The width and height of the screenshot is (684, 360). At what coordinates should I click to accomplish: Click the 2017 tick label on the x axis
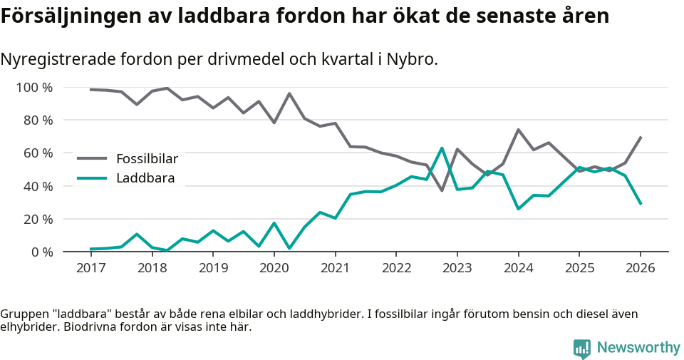pyautogui.click(x=90, y=268)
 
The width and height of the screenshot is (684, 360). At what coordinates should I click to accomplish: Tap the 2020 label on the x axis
pyautogui.click(x=274, y=268)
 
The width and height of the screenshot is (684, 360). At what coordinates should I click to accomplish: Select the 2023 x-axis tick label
pyautogui.click(x=457, y=268)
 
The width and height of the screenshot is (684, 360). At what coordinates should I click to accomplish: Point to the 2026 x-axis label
pyautogui.click(x=640, y=268)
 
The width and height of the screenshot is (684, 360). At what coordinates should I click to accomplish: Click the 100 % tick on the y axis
pyautogui.click(x=35, y=88)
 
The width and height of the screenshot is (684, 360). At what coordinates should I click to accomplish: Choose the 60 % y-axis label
pyautogui.click(x=38, y=153)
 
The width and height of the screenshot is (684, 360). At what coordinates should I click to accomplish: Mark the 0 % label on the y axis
pyautogui.click(x=41, y=252)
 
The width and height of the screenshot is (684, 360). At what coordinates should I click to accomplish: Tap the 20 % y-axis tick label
pyautogui.click(x=38, y=219)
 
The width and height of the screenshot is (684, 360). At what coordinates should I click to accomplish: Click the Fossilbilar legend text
pyautogui.click(x=147, y=158)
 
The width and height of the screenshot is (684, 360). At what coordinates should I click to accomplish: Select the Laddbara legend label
pyautogui.click(x=145, y=178)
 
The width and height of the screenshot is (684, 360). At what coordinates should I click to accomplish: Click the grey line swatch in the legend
pyautogui.click(x=92, y=158)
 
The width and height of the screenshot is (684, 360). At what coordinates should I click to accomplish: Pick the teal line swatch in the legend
pyautogui.click(x=92, y=178)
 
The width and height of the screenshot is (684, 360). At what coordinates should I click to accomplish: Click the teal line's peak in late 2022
pyautogui.click(x=442, y=148)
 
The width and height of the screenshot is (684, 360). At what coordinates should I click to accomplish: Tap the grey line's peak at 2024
pyautogui.click(x=518, y=130)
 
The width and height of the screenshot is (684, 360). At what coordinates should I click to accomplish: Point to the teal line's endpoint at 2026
pyautogui.click(x=641, y=204)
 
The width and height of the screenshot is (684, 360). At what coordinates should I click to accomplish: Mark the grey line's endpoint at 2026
pyautogui.click(x=641, y=137)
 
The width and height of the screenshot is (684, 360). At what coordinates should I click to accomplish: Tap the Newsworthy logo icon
pyautogui.click(x=582, y=348)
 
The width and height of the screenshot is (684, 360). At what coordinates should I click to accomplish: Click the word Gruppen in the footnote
pyautogui.click(x=24, y=314)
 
